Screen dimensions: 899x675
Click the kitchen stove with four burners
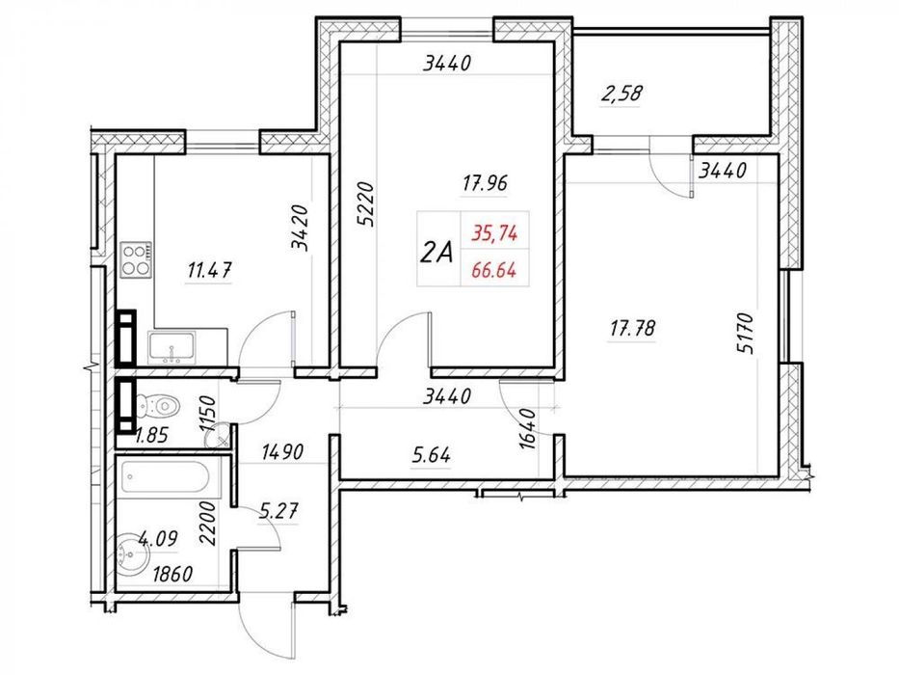click(137, 260)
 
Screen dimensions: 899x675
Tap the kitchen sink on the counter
click(172, 348)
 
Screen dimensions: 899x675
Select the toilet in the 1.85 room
click(158, 406)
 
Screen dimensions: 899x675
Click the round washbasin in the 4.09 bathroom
click(133, 554)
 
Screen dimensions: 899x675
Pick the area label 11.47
click(210, 269)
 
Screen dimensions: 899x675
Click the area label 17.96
click(485, 183)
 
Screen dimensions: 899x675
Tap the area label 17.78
click(632, 329)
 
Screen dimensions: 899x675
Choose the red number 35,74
click(495, 233)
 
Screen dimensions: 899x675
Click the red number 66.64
click(493, 269)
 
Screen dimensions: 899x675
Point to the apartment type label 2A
click(436, 252)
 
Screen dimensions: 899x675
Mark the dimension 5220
click(364, 203)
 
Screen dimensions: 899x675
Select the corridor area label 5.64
click(431, 455)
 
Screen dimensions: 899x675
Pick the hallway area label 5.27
click(278, 510)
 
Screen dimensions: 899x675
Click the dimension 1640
click(527, 429)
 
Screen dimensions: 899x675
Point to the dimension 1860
click(172, 574)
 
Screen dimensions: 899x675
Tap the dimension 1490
click(282, 452)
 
